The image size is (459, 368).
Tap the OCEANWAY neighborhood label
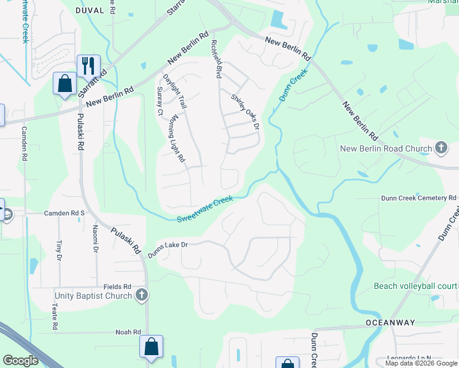[390, 323]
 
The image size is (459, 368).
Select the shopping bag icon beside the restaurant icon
[64, 83]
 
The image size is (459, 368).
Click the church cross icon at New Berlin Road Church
[441, 147]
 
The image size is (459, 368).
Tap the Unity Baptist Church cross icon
[142, 296]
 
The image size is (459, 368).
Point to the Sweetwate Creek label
[205, 210]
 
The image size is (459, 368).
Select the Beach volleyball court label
[415, 286]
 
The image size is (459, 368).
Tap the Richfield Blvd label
[215, 59]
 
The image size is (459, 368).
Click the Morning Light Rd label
[177, 138]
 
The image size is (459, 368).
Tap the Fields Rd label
[118, 286]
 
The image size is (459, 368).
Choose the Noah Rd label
[128, 332]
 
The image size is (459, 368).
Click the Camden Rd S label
[63, 213]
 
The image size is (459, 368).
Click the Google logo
[20, 361]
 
